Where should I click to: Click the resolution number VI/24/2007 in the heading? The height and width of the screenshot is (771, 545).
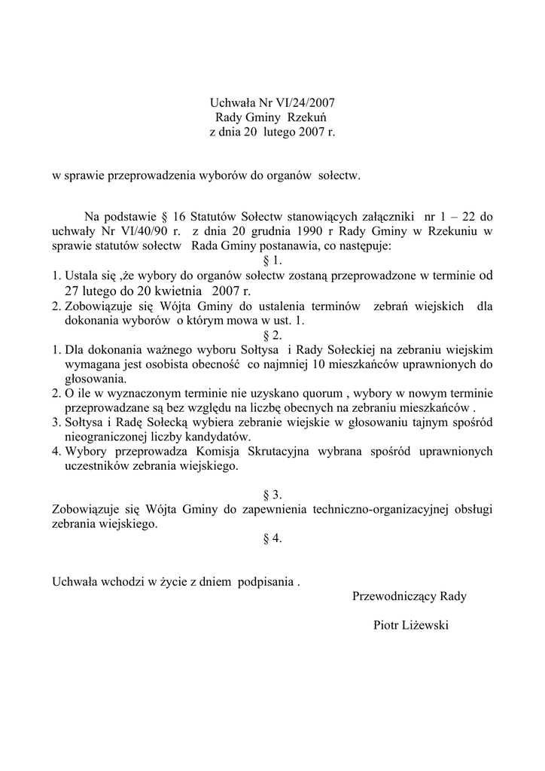pyautogui.click(x=299, y=102)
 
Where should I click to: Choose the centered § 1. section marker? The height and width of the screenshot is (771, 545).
pyautogui.click(x=272, y=261)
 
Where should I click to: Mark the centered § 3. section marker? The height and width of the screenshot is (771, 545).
pyautogui.click(x=272, y=495)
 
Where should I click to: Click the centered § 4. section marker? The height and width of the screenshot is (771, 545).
pyautogui.click(x=272, y=539)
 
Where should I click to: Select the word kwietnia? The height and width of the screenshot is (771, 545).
pyautogui.click(x=175, y=291)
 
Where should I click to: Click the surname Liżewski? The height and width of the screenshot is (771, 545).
pyautogui.click(x=426, y=626)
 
